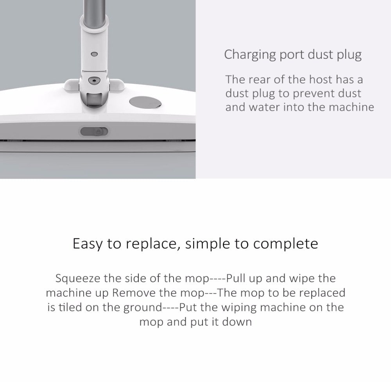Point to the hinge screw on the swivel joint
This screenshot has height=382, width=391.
[93, 80]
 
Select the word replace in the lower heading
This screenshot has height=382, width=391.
[152, 244]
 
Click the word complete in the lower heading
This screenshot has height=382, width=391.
[285, 244]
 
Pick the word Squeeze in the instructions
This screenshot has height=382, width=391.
[78, 279]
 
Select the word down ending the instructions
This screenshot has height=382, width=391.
[237, 322]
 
